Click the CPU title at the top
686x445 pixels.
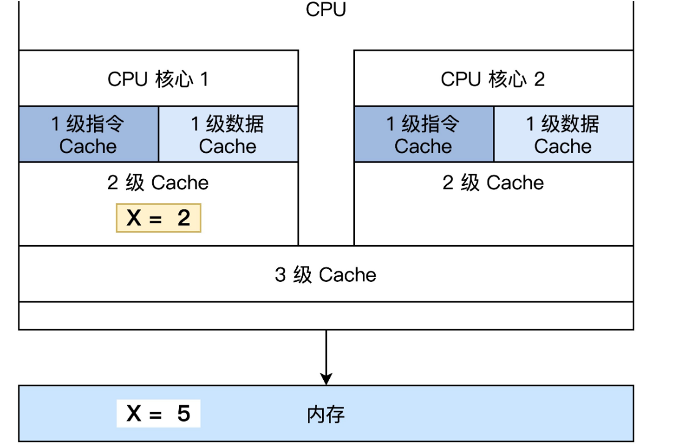326,10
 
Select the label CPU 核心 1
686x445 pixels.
158,79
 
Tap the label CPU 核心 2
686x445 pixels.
492,79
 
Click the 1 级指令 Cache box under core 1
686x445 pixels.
89,134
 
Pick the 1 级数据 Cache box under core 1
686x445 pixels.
228,134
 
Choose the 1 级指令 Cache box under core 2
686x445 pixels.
423,134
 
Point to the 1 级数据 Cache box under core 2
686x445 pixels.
563,134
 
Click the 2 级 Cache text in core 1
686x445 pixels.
158,183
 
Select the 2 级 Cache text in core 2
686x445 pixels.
493,183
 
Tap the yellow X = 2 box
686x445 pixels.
158,218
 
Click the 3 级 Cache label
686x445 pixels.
326,274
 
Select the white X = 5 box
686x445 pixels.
158,414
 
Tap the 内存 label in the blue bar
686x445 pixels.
326,415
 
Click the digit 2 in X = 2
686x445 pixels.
184,218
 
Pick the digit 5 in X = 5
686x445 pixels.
184,414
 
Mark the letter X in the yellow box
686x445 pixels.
134,218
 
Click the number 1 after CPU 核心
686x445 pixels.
204,79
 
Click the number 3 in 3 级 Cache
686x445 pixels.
280,274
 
